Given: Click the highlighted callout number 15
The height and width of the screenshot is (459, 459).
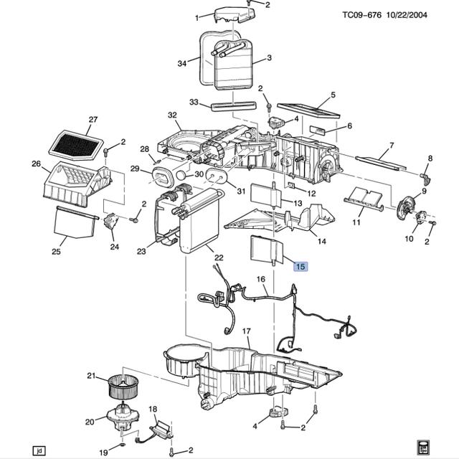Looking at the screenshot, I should pyautogui.click(x=301, y=266).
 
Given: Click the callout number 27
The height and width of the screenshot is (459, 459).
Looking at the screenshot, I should pyautogui.click(x=92, y=119).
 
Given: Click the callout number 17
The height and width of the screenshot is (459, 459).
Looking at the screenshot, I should pyautogui.click(x=245, y=331).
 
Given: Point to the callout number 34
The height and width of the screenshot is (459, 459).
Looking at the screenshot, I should pyautogui.click(x=182, y=64).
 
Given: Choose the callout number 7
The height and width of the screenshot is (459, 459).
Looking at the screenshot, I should pyautogui.click(x=391, y=146).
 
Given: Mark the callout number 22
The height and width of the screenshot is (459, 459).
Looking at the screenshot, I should pyautogui.click(x=218, y=258).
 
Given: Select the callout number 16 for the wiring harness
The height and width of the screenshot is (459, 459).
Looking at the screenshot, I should pyautogui.click(x=260, y=279).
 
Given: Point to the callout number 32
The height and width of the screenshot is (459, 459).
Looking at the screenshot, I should pyautogui.click(x=171, y=115).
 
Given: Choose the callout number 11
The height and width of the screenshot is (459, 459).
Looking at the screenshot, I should pyautogui.click(x=356, y=222).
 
